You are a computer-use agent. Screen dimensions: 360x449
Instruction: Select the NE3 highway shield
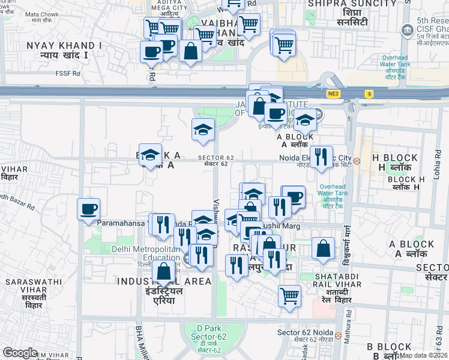click(x=333, y=94)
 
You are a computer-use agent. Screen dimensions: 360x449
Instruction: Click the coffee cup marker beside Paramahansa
click(x=88, y=209)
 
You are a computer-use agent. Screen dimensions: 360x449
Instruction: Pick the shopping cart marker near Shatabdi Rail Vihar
click(x=289, y=295)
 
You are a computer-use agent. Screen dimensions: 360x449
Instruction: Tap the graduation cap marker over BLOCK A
click(x=150, y=154)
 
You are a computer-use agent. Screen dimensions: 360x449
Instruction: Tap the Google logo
click(x=20, y=353)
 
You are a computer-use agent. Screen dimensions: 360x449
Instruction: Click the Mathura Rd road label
click(x=346, y=331)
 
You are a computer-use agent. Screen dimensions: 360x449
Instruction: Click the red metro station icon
click(x=357, y=161)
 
